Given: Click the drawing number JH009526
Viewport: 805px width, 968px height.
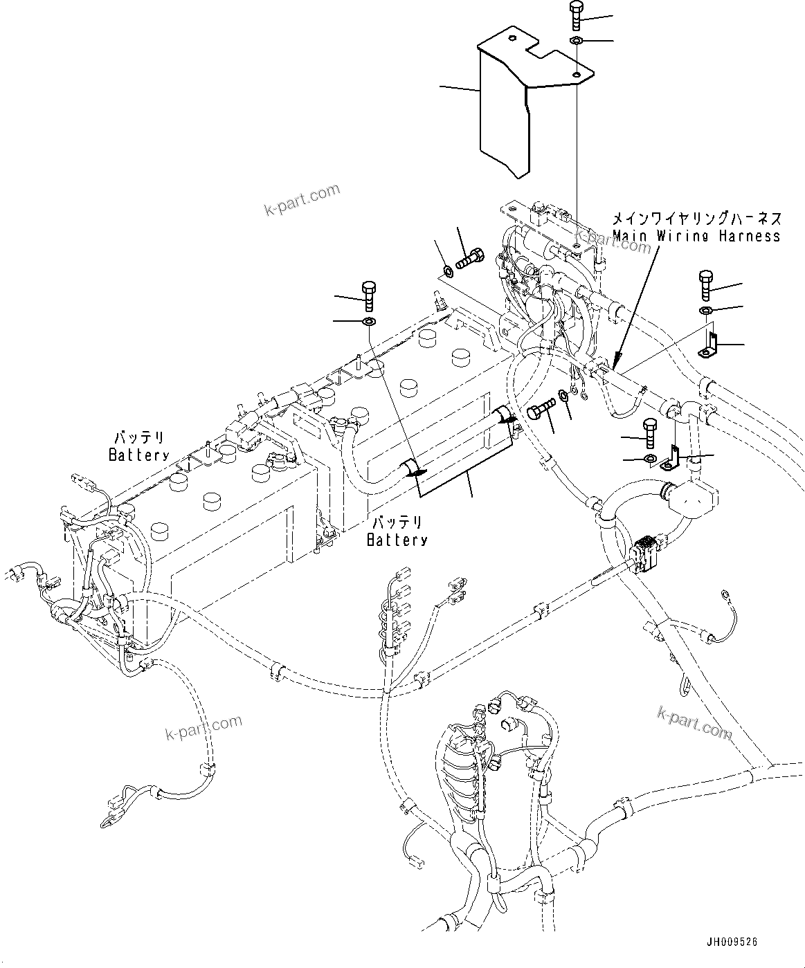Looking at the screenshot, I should [x=732, y=942].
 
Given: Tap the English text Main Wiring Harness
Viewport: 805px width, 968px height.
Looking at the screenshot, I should [x=696, y=236].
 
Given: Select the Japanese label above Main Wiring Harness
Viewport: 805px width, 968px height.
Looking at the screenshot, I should [x=696, y=219].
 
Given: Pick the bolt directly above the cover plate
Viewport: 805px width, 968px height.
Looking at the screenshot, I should [x=576, y=15].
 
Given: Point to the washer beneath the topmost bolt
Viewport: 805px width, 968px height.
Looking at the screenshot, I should [x=576, y=43].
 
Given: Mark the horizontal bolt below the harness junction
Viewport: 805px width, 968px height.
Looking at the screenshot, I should [x=541, y=408].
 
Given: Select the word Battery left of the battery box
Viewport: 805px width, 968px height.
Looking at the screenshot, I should [x=138, y=455].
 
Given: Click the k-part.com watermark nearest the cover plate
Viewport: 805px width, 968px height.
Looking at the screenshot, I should [x=302, y=199].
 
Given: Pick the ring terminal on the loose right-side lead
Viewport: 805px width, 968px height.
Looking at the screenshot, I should [x=725, y=593].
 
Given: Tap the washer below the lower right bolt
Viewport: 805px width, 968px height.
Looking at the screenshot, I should [x=651, y=459].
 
